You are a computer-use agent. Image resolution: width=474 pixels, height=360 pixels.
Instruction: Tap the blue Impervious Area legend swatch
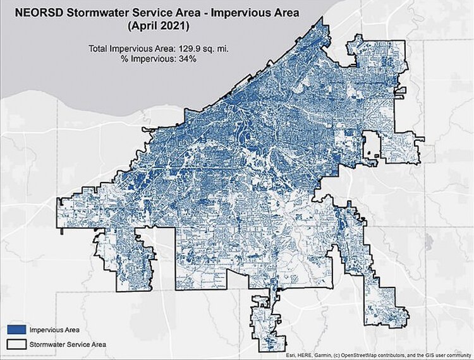17,329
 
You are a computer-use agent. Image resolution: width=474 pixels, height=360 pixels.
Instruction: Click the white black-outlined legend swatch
17,344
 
